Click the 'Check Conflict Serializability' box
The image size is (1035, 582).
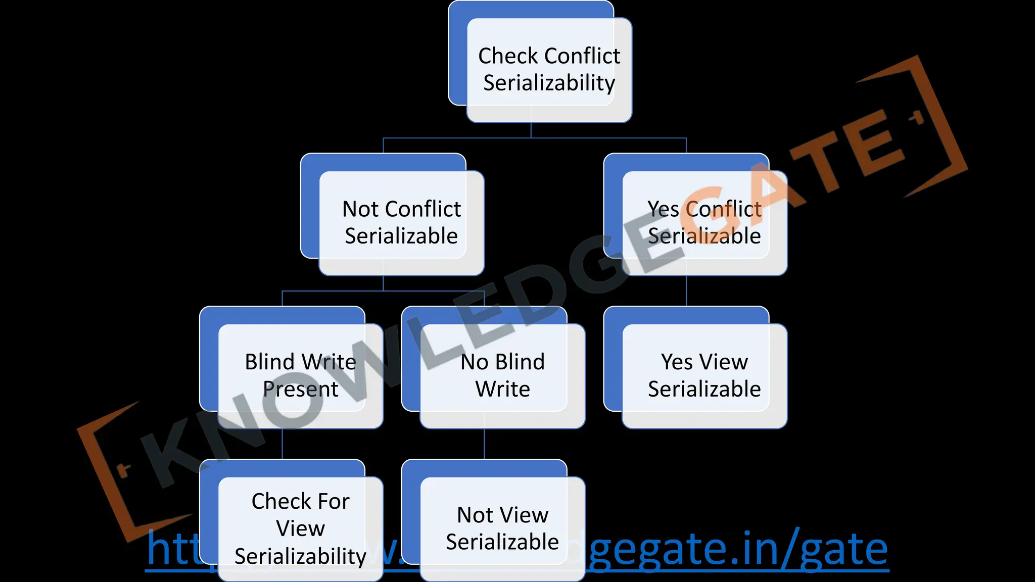(549, 70)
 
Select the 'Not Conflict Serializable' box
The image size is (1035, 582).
(401, 222)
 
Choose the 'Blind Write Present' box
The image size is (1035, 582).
(300, 375)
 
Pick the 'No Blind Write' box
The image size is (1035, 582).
(502, 375)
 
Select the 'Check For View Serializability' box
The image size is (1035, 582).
(300, 528)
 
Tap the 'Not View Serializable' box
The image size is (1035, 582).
(502, 528)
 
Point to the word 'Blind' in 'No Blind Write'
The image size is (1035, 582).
(520, 362)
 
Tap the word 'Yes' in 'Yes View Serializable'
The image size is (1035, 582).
(676, 362)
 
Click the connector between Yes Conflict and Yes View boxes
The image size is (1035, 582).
(686, 291)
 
